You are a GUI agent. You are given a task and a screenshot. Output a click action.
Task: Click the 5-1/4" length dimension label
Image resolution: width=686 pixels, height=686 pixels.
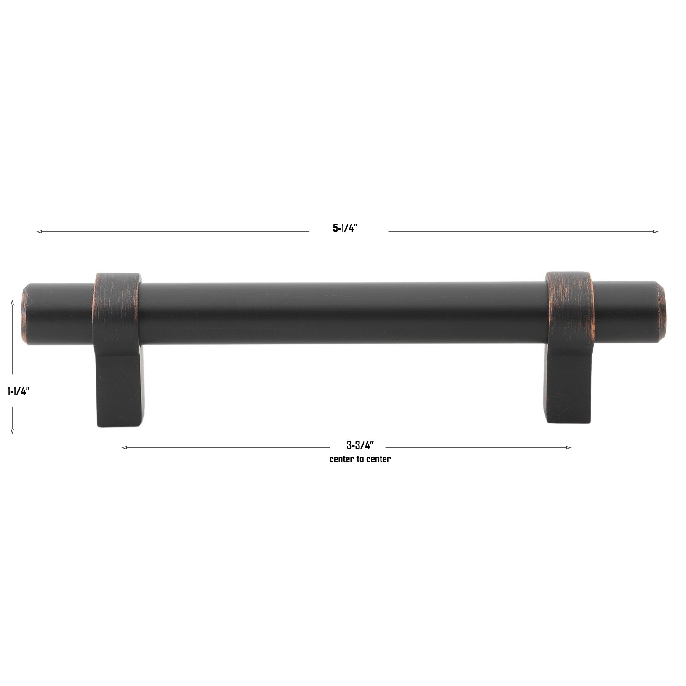[x=344, y=228]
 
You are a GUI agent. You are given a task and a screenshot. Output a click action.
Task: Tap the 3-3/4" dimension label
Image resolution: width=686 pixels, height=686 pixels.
[x=360, y=445]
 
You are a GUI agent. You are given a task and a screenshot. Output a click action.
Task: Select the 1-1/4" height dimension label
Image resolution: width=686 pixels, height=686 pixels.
[x=18, y=391]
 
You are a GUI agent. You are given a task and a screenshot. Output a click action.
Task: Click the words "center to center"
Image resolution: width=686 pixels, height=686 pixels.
[x=360, y=459]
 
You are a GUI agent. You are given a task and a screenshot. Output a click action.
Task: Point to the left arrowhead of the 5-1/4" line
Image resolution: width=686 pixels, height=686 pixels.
[x=39, y=232]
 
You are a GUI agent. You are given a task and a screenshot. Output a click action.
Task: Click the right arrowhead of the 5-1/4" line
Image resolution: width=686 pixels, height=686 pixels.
[x=655, y=232]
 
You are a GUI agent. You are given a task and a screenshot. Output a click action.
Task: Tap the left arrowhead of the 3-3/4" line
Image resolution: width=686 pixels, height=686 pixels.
[x=124, y=448]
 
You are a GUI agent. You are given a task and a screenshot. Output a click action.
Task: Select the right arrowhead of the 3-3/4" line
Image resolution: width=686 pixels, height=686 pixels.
[x=568, y=448]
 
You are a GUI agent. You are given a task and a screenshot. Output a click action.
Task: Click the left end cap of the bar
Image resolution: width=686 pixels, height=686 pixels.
[x=25, y=314]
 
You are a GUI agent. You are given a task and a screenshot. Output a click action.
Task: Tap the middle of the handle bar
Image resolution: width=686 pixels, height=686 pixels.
[x=343, y=313]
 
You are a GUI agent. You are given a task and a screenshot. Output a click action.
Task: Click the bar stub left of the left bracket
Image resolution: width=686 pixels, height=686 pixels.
[x=59, y=314]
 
